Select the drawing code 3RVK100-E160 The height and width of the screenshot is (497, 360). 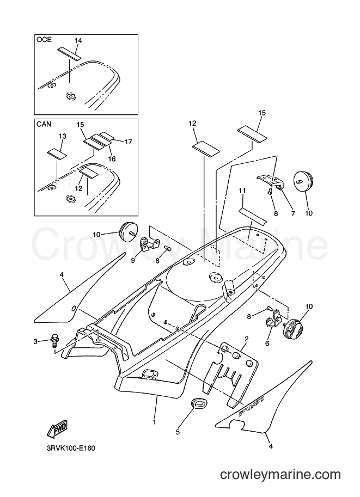click(71, 448)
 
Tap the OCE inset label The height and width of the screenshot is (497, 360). click(44, 40)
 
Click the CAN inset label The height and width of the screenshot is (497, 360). click(44, 124)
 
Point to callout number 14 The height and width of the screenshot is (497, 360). click(78, 41)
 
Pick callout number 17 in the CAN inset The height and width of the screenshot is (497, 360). click(128, 142)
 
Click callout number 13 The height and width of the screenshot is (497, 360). click(63, 136)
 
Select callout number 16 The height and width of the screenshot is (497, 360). click(112, 159)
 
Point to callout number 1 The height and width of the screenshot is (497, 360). click(155, 422)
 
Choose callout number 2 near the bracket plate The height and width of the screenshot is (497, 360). click(247, 339)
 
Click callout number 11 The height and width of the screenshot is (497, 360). click(242, 191)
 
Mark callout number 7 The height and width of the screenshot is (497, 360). click(293, 213)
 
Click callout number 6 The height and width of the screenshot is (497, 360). click(267, 343)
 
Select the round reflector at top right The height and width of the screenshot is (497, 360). click(303, 181)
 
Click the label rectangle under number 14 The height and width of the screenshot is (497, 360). click(70, 53)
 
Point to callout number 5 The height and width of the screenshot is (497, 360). click(178, 432)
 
